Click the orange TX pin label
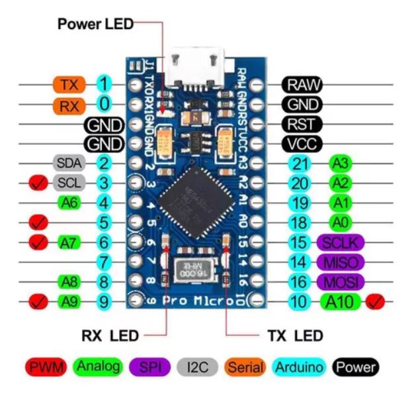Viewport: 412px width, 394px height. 69,85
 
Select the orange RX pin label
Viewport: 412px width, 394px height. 69,105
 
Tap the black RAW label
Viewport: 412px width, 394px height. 302,85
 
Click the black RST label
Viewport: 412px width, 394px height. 302,124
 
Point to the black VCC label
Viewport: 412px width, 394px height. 302,144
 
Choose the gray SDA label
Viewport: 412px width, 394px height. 69,163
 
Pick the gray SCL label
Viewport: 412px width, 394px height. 69,182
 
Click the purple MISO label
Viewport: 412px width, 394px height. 341,262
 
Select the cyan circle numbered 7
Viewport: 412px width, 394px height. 104,262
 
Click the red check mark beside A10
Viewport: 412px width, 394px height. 378,303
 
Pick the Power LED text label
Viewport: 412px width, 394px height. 95,25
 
